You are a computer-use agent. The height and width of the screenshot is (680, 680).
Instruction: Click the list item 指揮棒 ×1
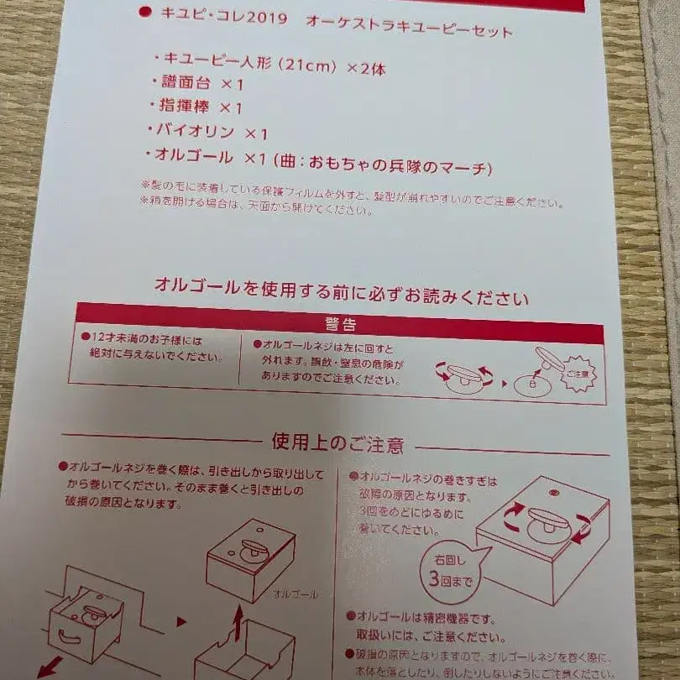[x=201, y=108]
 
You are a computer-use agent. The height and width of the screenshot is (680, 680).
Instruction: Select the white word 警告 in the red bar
[x=341, y=325]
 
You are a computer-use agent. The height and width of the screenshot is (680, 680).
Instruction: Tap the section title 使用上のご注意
[x=337, y=443]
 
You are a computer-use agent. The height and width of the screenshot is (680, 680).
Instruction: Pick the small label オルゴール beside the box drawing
[x=296, y=594]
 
